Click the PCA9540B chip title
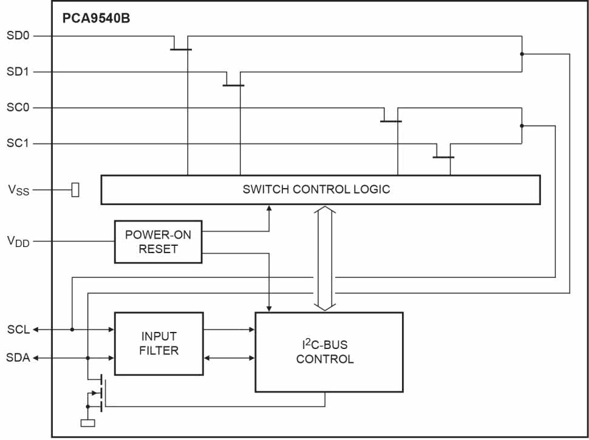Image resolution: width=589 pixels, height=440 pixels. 96,18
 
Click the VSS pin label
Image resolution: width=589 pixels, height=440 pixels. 18,190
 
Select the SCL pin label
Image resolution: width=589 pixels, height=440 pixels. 18,330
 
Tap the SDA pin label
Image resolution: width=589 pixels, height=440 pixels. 18,358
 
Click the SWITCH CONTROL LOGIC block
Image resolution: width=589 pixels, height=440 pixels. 320,189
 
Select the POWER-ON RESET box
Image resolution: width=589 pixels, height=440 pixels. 158,242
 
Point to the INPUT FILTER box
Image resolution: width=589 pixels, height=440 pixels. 158,344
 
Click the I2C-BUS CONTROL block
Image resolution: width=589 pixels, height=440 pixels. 329,352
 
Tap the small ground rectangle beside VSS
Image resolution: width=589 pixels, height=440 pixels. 75,190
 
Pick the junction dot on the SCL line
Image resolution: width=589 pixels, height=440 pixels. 72,330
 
